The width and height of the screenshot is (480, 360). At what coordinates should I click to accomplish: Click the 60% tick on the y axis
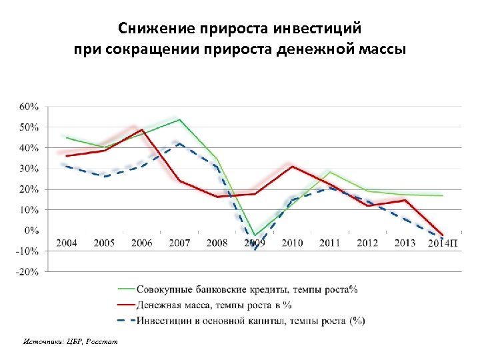point(28,107)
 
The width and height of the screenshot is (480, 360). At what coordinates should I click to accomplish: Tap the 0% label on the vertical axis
point(31,231)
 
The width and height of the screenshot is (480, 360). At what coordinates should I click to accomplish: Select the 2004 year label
point(66,243)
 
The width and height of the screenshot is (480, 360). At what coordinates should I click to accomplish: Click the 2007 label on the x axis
point(179,243)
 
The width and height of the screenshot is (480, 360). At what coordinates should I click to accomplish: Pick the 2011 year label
point(329,243)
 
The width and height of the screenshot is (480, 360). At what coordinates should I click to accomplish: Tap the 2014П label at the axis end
point(443,243)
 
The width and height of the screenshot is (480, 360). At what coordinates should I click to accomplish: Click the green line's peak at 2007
point(179,120)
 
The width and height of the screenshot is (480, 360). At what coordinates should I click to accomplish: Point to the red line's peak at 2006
point(142,130)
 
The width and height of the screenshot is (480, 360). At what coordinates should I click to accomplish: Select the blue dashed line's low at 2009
point(255,249)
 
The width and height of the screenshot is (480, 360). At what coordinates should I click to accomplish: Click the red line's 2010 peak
point(292,166)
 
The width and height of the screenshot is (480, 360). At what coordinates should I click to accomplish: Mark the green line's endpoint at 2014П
point(442,195)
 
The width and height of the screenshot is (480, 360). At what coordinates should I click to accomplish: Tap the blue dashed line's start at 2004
point(67,166)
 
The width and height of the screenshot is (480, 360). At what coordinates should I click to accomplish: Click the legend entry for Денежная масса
point(213,305)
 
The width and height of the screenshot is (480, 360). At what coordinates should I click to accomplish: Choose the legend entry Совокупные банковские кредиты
point(247,289)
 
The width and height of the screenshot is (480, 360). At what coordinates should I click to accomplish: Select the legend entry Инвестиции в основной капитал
point(250,321)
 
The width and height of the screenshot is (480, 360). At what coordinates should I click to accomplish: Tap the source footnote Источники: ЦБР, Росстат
point(69,341)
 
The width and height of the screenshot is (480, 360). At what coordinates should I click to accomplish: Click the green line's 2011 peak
point(329,172)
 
